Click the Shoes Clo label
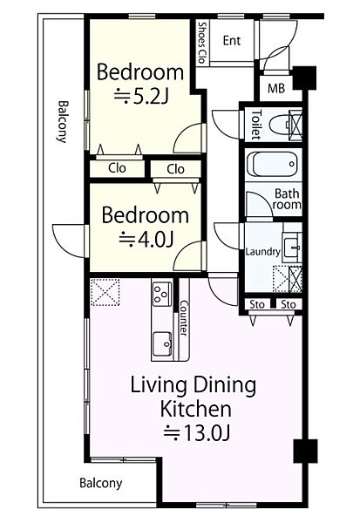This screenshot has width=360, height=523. point(201,43)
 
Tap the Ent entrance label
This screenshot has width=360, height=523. point(232,41)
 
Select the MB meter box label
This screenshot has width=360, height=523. point(276,88)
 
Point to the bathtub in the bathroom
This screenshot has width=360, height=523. point(272,164)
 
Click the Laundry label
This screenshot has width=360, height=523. point(262,251)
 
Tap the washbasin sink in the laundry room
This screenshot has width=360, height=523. point(292,248)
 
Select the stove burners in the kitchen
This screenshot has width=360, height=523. point(162,294)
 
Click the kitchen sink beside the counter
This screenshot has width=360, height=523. point(162,344)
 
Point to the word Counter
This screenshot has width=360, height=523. point(184,318)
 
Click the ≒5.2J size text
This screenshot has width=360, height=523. point(141,97)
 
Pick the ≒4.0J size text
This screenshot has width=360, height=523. point(146,239)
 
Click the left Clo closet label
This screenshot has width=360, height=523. point(117,167)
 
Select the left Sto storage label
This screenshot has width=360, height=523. point(257,304)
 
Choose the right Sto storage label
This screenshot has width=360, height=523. point(289,304)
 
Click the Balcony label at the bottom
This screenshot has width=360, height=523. point(101,483)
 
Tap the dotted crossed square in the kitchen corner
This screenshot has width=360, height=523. point(105,292)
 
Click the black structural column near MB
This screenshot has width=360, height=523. point(304,78)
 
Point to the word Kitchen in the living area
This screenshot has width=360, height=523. point(196,409)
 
